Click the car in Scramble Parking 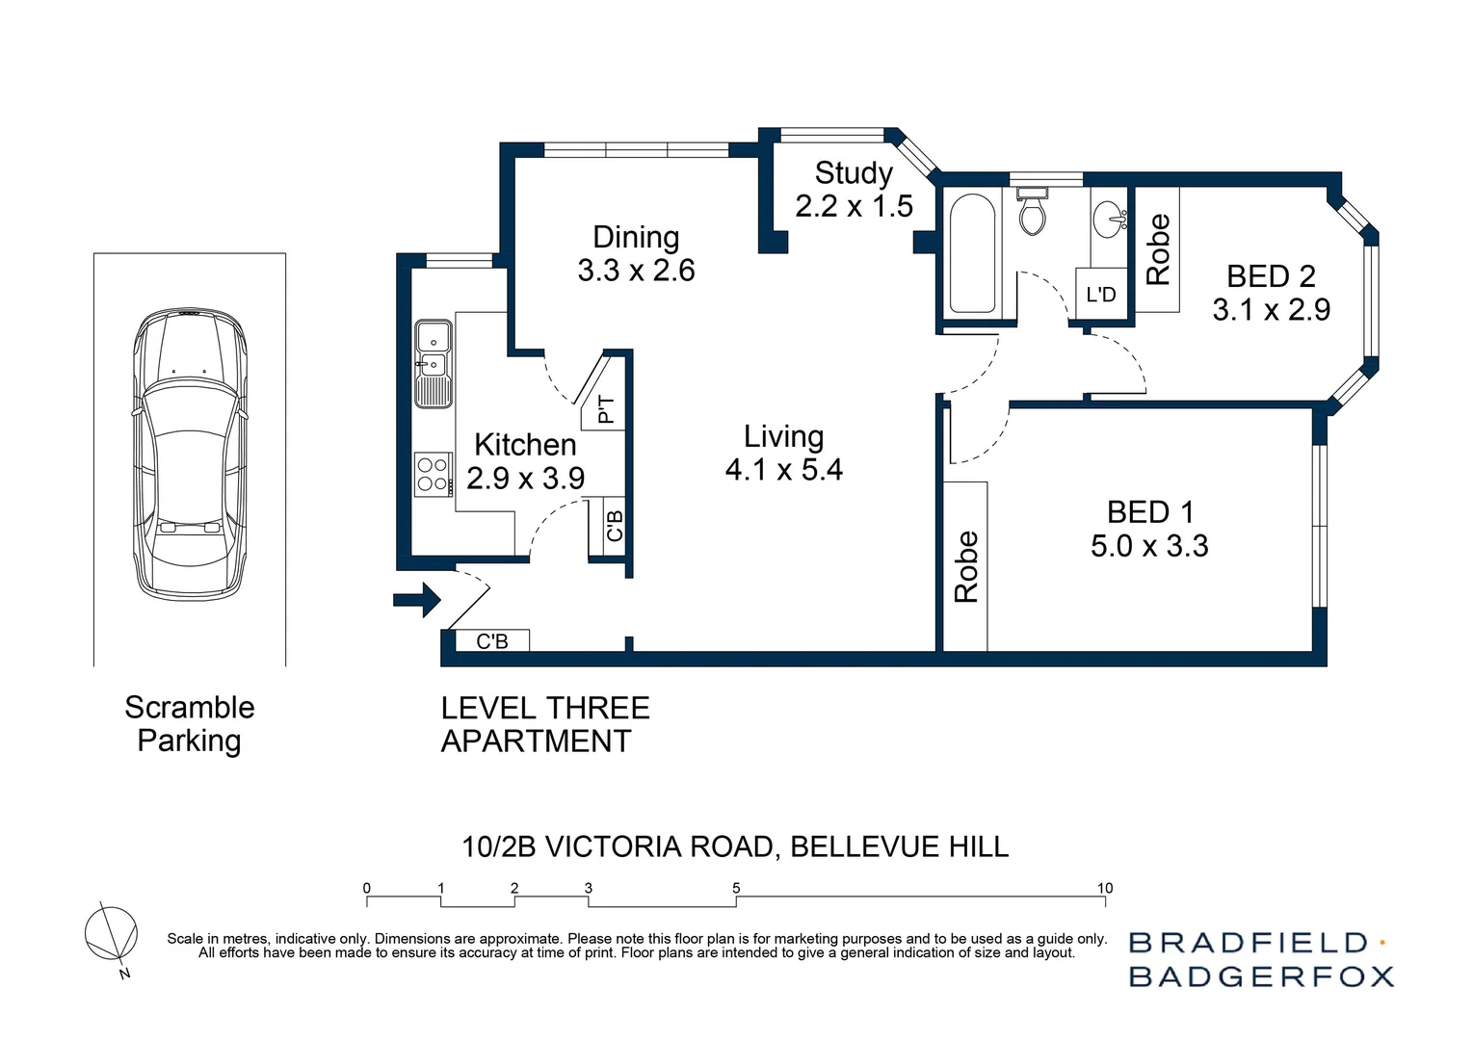(190, 453)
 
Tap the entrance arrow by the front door (416, 601)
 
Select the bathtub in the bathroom (971, 253)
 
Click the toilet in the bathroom (1032, 214)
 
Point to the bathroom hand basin (1112, 217)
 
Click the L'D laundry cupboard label (1101, 295)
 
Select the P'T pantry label (605, 409)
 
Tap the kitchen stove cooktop (433, 474)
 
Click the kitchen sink (433, 364)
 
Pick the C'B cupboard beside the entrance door (491, 640)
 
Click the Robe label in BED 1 (966, 567)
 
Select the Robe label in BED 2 (1157, 249)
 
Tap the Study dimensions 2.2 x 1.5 (854, 206)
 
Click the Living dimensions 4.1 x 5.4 (783, 470)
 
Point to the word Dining (636, 237)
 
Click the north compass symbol (111, 934)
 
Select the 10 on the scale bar (1105, 888)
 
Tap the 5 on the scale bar (736, 888)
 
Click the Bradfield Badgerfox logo (1260, 959)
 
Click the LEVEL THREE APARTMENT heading (544, 724)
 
